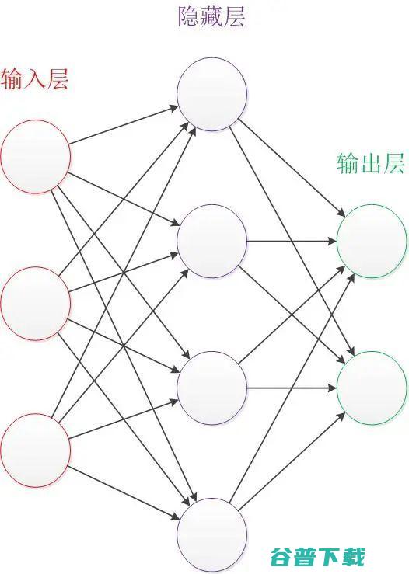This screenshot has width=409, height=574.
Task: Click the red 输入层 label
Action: pos(34,79)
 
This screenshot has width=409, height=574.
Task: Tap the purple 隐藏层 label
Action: pos(211,16)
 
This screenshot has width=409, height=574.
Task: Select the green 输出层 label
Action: pos(371,163)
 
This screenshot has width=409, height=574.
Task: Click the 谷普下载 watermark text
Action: pos(317,557)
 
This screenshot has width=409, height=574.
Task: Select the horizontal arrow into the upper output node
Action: pos(292,242)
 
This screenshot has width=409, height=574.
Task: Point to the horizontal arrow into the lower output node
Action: pos(292,388)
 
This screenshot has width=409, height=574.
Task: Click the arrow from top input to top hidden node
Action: pos(124,125)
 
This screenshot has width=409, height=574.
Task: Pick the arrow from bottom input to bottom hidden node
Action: pos(124,493)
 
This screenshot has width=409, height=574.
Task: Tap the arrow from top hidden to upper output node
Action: pos(292,168)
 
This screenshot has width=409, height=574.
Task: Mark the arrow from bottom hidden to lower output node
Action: pos(292,461)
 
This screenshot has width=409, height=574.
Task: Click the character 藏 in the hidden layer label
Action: pos(211,16)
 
